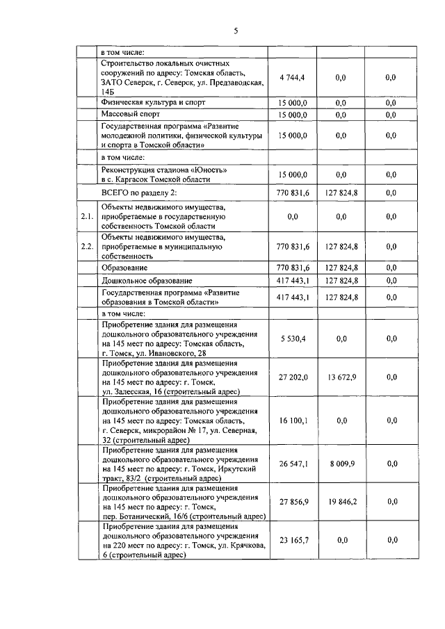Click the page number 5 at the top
pos(236,31)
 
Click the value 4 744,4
pos(292,78)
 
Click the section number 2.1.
pos(87,217)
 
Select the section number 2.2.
pos(87,246)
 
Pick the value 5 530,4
pos(293,338)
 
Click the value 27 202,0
pos(292,377)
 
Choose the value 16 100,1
pos(293,420)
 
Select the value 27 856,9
pos(292,501)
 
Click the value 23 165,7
pos(292,540)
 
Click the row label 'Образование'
pos(124,268)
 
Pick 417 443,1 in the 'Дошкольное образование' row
pos(292,280)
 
